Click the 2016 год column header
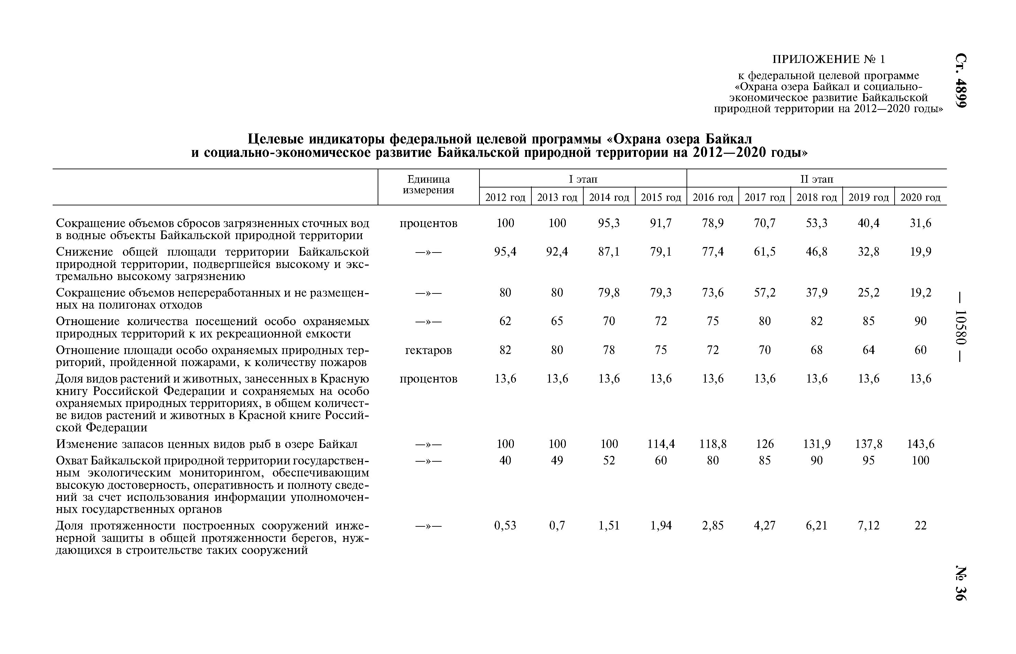[712, 197]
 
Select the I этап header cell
[583, 179]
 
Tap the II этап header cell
[817, 179]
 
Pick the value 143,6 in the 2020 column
[920, 444]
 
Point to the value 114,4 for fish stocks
[661, 444]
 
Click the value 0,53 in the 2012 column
[505, 526]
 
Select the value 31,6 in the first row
[920, 223]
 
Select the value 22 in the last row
[920, 526]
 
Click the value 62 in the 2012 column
[505, 321]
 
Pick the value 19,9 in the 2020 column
[920, 252]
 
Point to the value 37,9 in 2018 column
[816, 293]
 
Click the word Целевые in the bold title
[274, 139]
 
